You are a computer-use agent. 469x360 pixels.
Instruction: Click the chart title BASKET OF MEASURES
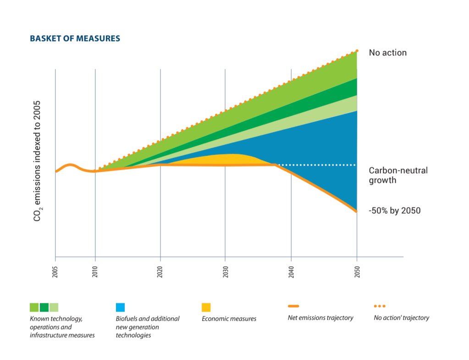click(x=75, y=38)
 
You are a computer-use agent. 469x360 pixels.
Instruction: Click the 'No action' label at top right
click(x=387, y=53)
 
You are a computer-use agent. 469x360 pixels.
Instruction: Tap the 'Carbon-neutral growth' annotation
click(x=398, y=175)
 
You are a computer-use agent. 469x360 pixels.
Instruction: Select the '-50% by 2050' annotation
click(x=394, y=211)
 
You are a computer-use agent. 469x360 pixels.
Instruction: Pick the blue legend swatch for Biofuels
click(x=121, y=307)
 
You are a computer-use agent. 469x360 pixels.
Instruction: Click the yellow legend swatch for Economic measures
click(x=206, y=307)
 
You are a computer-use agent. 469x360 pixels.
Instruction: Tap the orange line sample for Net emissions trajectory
click(x=293, y=306)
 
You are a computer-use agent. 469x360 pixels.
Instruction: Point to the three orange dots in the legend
click(x=380, y=306)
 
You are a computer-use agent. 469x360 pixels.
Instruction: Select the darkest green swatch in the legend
click(x=44, y=307)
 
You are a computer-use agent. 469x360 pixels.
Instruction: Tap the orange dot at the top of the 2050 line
click(x=357, y=50)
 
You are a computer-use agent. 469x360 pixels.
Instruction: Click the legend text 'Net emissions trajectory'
click(x=320, y=318)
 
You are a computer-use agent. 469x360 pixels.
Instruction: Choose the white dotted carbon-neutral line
click(x=316, y=165)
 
